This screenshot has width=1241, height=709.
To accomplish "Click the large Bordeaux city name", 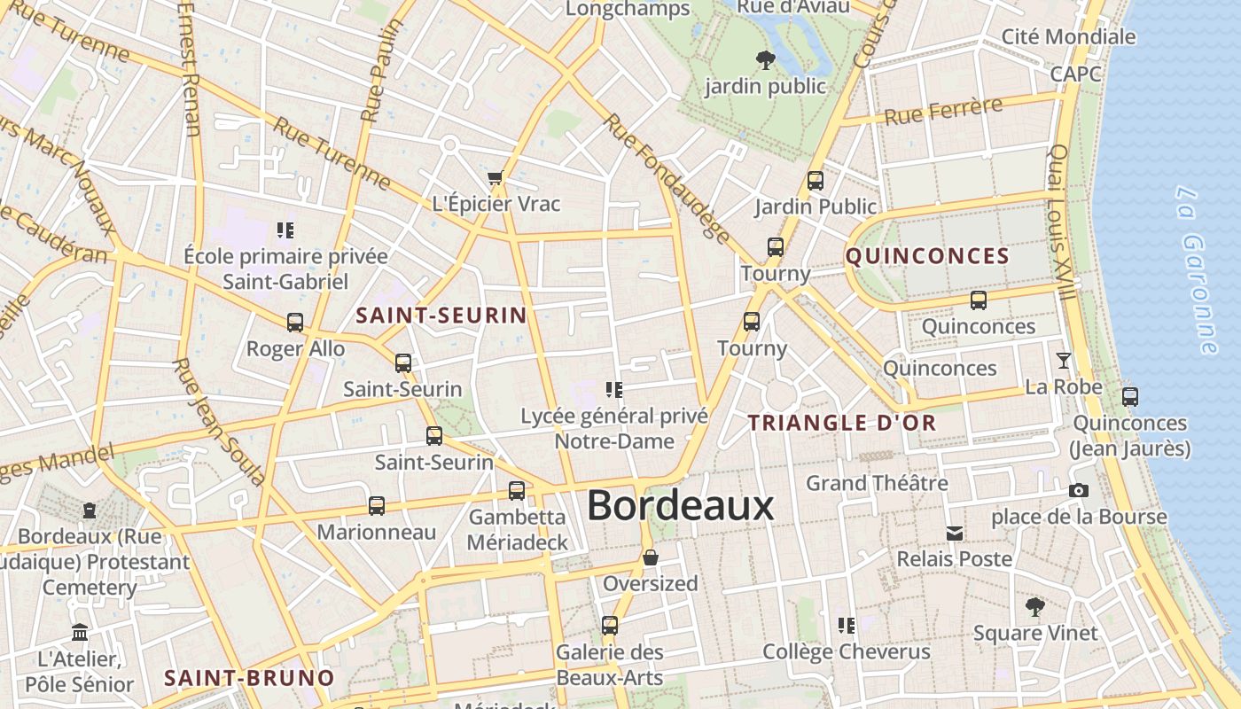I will (681, 506).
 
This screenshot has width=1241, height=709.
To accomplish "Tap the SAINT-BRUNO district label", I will (250, 678).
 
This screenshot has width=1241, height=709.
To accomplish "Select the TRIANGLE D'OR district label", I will (842, 423).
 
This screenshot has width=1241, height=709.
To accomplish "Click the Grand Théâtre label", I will (877, 483).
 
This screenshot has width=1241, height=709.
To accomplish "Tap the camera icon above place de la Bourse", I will (1079, 490).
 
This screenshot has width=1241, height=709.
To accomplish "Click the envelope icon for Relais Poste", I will (955, 534).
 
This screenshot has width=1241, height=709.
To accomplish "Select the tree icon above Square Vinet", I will (1034, 607).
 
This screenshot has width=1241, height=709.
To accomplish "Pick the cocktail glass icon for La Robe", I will (1064, 361).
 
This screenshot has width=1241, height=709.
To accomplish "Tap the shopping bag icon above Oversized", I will (651, 557).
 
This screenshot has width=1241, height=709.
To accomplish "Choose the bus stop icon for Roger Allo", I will (295, 323).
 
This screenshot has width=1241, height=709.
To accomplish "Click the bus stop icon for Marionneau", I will (377, 506).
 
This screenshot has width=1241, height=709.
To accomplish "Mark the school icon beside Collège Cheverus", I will (847, 626).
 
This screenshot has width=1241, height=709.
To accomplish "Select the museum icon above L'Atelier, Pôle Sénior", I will (80, 633).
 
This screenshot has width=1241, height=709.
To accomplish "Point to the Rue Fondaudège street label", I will (667, 177).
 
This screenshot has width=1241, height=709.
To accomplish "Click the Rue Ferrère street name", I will (942, 112).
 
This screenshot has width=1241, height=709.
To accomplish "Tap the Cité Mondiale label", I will (1068, 36).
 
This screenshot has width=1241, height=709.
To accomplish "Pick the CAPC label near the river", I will (1076, 74).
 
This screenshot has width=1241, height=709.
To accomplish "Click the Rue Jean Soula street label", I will (219, 421).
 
